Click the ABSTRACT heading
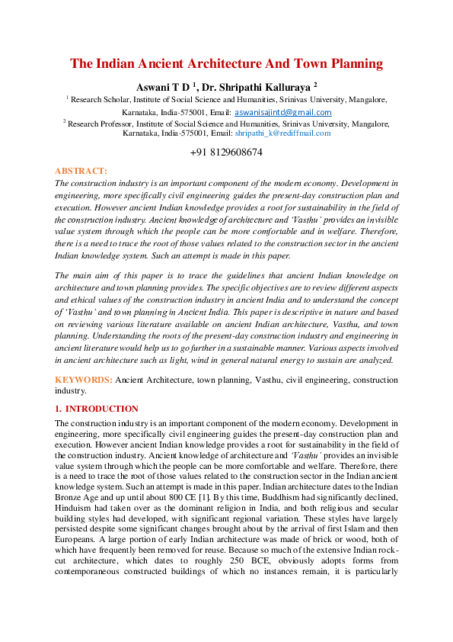81,172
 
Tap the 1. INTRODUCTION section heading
97,409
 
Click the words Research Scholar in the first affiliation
98,99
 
